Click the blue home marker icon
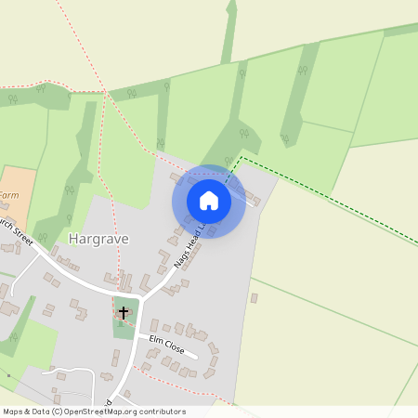(x=209, y=201)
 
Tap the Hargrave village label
(x=98, y=239)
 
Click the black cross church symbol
(x=124, y=313)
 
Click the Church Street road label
(x=17, y=233)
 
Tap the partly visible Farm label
(x=8, y=196)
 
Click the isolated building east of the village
(x=254, y=298)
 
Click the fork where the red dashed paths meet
(x=102, y=92)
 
